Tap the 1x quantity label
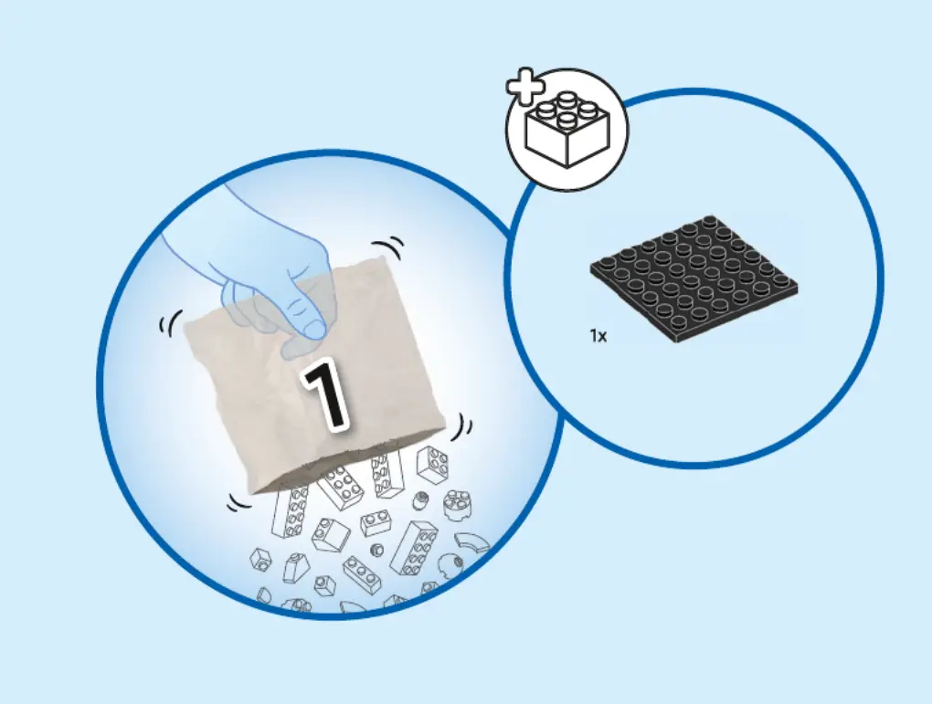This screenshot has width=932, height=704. (598, 336)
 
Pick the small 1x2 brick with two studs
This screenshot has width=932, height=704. (376, 523)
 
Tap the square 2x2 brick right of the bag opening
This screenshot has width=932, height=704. (431, 464)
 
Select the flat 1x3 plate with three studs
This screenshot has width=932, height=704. (363, 573)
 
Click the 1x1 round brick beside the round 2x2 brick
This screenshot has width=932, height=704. (421, 499)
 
